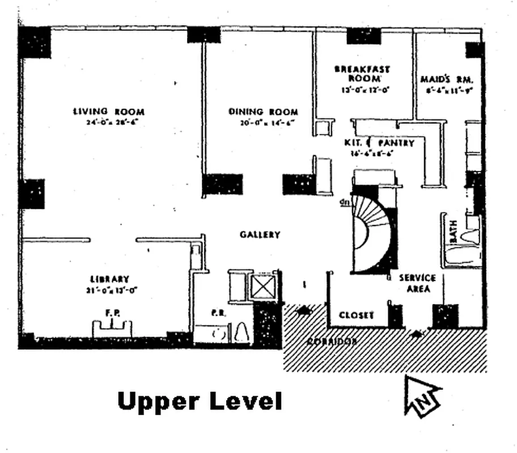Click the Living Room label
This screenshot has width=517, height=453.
coord(108,112)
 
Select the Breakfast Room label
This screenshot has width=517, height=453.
coord(362,74)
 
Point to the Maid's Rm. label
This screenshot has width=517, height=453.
coord(448,79)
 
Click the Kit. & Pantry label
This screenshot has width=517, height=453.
coord(379,143)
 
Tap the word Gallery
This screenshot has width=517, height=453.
coord(260,234)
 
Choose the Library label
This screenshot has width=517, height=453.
coord(110,279)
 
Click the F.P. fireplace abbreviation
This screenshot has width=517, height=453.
coord(111,312)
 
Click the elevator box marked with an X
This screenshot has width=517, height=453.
coord(262,287)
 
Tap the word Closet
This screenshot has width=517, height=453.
coord(356,315)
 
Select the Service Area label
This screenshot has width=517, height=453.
coord(417,283)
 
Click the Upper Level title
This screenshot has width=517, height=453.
coord(199,401)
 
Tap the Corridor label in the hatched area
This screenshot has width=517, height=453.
coord(332,341)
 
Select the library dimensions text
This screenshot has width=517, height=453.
coord(110,289)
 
